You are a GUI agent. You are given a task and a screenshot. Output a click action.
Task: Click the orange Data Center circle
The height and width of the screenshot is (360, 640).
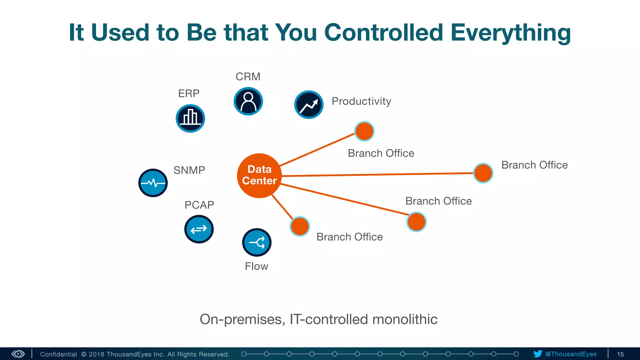[259, 175]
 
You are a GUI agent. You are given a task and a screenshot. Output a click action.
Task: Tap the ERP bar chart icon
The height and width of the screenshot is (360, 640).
[190, 118]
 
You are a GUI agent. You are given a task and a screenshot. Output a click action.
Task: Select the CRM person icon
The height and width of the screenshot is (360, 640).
[248, 101]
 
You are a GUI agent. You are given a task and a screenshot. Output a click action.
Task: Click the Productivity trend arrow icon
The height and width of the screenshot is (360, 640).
[309, 105]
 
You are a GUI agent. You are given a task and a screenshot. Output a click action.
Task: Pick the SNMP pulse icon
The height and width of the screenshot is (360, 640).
[153, 183]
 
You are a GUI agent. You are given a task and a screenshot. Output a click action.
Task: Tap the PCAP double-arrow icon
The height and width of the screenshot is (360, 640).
[199, 229]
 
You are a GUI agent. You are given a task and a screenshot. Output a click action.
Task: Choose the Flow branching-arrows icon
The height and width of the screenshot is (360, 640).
[257, 242]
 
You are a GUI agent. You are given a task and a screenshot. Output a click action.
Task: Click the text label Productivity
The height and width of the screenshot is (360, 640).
[361, 101]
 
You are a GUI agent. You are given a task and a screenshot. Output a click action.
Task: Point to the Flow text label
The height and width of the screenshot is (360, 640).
[256, 266]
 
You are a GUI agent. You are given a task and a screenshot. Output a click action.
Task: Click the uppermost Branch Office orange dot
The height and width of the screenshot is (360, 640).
[364, 131]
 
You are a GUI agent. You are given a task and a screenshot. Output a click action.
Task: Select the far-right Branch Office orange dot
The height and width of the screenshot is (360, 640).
[483, 173]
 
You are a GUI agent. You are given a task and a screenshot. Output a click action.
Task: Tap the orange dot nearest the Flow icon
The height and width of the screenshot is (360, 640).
[300, 226]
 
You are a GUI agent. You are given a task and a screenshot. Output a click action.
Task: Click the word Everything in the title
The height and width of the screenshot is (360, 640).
[511, 32]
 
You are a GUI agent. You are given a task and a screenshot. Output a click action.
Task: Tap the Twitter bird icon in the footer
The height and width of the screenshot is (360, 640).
[537, 354]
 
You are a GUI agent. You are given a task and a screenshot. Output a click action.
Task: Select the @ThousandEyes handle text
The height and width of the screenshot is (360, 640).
[571, 354]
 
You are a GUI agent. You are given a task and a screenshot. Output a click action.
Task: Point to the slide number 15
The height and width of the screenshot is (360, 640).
[620, 354]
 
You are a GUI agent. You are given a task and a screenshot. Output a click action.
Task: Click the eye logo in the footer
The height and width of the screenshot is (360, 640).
[18, 354]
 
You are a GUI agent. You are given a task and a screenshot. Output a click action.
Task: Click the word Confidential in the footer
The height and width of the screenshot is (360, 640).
[58, 354]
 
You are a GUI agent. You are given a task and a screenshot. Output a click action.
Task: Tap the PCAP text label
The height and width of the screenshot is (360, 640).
[199, 205]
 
